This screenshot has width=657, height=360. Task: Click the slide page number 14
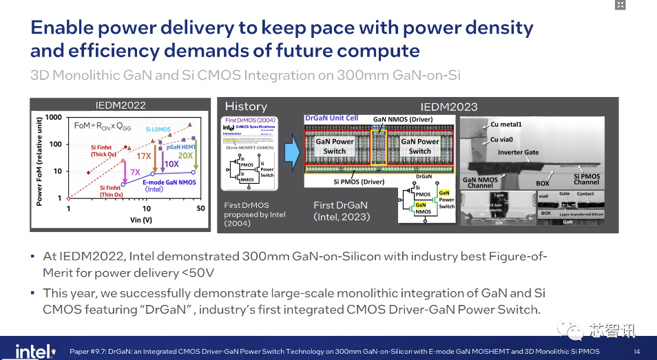(x=636, y=351)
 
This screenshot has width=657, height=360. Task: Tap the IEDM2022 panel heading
(x=120, y=105)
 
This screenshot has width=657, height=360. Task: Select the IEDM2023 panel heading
(x=448, y=107)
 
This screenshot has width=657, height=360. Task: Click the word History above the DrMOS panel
(x=246, y=106)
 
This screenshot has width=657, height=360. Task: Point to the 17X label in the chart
(x=143, y=156)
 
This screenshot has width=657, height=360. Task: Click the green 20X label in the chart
(x=185, y=156)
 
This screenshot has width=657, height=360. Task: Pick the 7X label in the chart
(x=135, y=171)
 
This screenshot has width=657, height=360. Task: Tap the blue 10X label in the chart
(x=171, y=164)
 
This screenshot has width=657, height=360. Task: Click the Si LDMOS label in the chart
(x=158, y=129)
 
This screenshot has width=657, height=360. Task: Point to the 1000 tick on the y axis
(x=54, y=118)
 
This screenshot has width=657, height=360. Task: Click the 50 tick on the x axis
(x=200, y=208)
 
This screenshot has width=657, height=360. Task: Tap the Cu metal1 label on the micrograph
(x=506, y=125)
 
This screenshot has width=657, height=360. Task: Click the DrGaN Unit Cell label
(x=332, y=118)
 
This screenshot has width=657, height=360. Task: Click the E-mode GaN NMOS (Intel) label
(x=169, y=186)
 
